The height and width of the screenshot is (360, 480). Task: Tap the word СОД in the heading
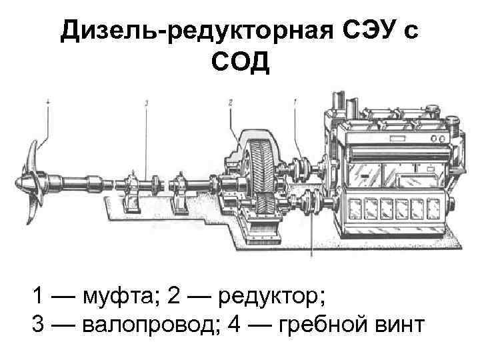pyautogui.click(x=240, y=64)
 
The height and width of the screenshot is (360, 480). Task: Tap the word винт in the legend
pyautogui.click(x=399, y=325)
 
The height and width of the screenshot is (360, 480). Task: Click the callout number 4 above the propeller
pyautogui.click(x=48, y=101)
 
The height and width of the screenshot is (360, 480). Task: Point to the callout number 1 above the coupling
pyautogui.click(x=294, y=102)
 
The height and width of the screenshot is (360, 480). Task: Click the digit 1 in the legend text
pyautogui.click(x=39, y=294)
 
